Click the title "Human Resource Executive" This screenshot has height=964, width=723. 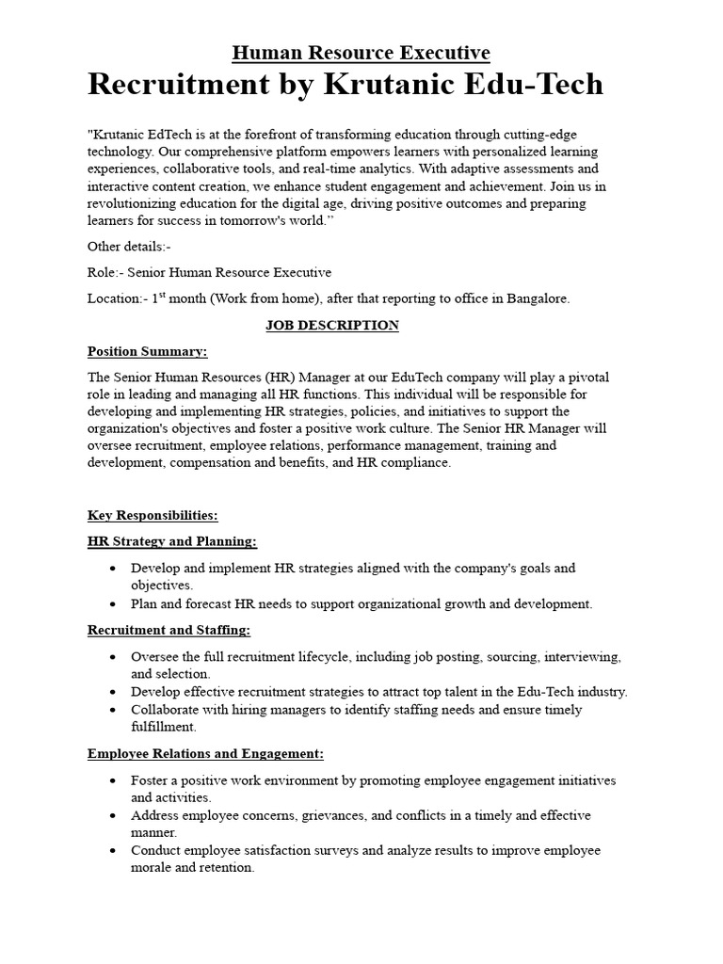[x=361, y=53]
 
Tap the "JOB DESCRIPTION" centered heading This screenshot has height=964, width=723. [x=332, y=326]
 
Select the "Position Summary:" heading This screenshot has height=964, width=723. [x=147, y=352]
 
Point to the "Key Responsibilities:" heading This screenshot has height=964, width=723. [x=153, y=516]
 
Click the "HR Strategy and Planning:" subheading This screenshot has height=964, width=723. [x=171, y=542]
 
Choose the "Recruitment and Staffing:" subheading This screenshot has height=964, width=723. [x=169, y=630]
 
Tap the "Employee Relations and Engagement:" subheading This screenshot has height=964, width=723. [x=205, y=753]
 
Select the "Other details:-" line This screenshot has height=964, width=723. [x=129, y=247]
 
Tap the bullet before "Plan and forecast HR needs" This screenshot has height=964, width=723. [x=113, y=604]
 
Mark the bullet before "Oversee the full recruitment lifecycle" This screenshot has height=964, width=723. [x=113, y=657]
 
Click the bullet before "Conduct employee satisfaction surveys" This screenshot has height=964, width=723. [x=113, y=851]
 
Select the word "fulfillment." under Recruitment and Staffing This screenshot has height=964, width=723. [x=164, y=727]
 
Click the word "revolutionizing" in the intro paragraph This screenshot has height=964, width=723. [x=132, y=203]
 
